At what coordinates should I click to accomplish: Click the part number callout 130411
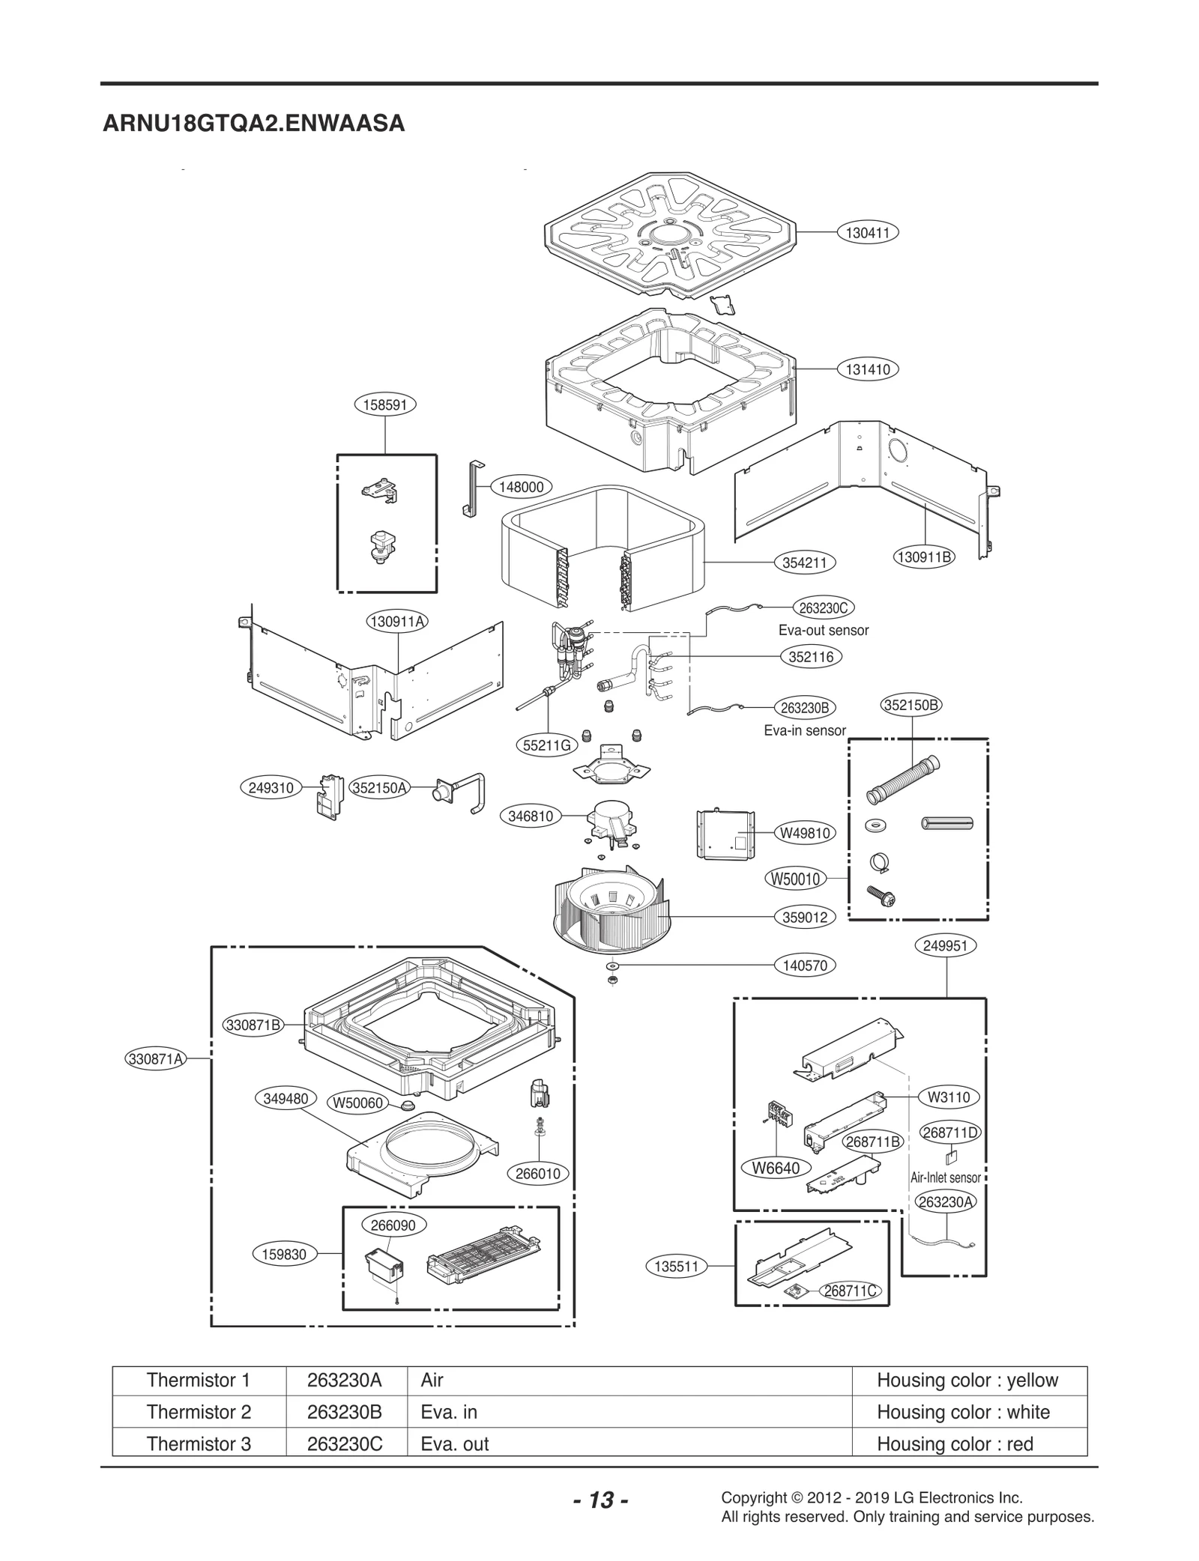coord(867,233)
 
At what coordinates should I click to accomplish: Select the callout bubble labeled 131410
coord(868,369)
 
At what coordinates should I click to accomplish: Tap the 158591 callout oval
coord(384,405)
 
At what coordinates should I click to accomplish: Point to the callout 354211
coord(804,563)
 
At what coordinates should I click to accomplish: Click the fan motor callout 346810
coord(531,816)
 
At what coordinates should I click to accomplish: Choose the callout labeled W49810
coord(805,833)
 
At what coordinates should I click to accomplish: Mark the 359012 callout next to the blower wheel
coord(804,918)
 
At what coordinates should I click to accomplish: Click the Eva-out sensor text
coord(823,631)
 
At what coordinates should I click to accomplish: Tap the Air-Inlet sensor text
coord(945,1177)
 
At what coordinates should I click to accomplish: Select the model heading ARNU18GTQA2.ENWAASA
coord(253,124)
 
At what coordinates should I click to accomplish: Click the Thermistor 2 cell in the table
coord(199,1412)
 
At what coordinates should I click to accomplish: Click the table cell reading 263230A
coord(345,1380)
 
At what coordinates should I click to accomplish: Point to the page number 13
coord(600,1500)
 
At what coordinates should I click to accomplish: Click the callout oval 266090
coord(393,1225)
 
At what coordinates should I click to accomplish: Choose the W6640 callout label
coord(776,1169)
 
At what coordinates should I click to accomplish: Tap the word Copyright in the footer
coord(752,1497)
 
